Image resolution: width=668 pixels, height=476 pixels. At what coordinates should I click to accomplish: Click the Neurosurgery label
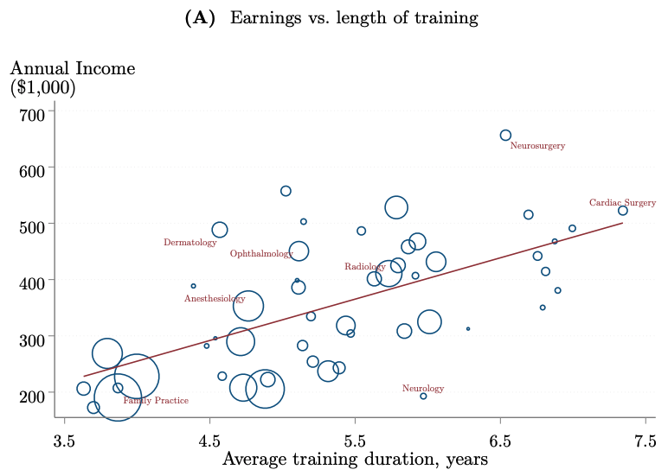(x=537, y=146)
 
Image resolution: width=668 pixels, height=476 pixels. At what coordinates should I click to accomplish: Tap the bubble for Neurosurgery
(x=505, y=135)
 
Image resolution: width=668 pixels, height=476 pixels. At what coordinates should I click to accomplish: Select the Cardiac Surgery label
(x=622, y=203)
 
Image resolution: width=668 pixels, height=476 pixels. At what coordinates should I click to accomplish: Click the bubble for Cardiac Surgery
(x=622, y=211)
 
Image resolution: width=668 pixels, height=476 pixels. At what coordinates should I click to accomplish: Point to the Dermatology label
(x=189, y=243)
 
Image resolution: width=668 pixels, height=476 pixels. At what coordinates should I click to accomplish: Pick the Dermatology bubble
(x=220, y=230)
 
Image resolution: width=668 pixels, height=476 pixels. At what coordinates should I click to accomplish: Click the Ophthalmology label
(x=261, y=254)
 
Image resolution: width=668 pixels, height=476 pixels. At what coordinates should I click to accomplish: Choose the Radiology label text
(x=364, y=267)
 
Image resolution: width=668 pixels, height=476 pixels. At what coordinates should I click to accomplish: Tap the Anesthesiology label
(x=215, y=299)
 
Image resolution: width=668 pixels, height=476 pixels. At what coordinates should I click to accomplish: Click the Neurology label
(x=423, y=389)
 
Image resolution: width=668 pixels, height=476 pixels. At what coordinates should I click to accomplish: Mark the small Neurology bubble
(x=423, y=396)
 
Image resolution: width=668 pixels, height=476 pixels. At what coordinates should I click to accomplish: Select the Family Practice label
(x=156, y=401)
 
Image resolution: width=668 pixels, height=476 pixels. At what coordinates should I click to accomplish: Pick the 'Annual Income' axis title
(x=73, y=68)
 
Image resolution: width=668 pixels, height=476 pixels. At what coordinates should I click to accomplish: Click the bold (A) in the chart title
(x=200, y=18)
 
